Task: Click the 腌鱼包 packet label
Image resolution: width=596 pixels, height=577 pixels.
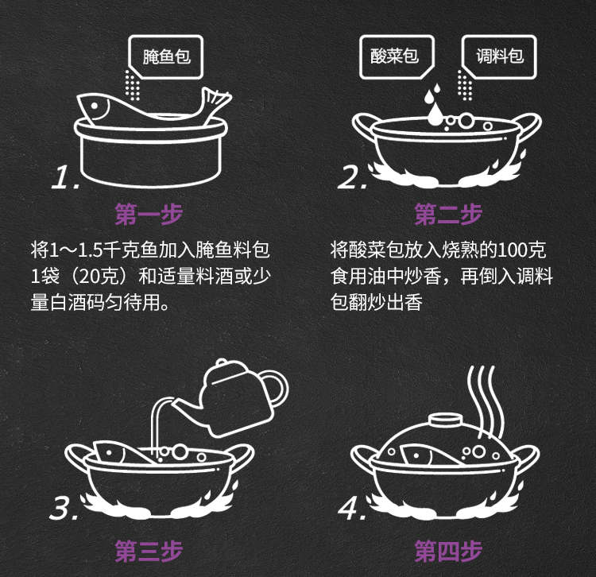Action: click(166, 56)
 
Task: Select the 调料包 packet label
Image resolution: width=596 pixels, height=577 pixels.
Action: click(500, 56)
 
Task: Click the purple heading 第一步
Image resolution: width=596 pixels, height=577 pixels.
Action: click(149, 214)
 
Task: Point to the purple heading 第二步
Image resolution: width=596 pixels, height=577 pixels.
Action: click(448, 214)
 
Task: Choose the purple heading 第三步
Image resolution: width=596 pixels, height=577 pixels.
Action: click(149, 551)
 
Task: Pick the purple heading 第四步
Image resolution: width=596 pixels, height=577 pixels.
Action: click(448, 551)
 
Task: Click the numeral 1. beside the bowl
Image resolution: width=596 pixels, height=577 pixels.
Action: click(65, 177)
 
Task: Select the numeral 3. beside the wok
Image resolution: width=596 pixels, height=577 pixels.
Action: click(64, 508)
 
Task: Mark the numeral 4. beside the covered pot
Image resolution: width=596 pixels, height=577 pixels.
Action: click(352, 508)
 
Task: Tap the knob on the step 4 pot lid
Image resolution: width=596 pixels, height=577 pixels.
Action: click(446, 420)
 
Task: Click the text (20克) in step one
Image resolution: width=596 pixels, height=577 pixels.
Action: click(99, 277)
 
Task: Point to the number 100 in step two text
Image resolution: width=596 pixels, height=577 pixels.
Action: click(512, 250)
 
